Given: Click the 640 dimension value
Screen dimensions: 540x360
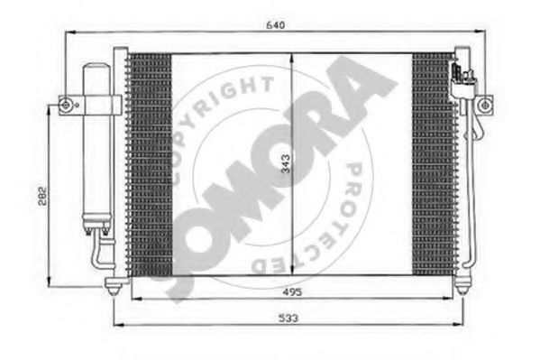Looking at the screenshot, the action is pyautogui.click(x=276, y=25).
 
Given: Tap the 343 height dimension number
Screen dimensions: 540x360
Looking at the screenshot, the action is pyautogui.click(x=286, y=163).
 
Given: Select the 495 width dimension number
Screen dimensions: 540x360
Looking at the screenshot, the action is pyautogui.click(x=292, y=292).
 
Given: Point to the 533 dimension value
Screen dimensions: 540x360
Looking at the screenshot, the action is pyautogui.click(x=288, y=318).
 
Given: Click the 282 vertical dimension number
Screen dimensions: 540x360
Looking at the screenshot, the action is pyautogui.click(x=42, y=196).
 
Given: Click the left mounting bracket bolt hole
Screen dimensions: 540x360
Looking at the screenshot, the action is pyautogui.click(x=65, y=106).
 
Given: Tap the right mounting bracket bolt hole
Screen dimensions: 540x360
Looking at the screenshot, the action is pyautogui.click(x=484, y=105).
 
